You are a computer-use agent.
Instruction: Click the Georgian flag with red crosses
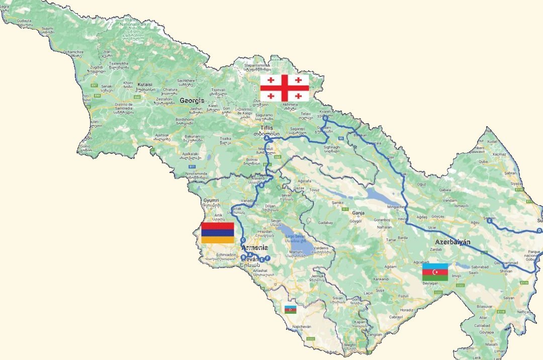(x=284, y=88)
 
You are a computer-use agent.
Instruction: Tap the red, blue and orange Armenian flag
(x=217, y=233)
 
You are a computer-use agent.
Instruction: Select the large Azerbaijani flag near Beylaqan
(x=435, y=272)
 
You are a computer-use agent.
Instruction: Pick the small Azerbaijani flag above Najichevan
(x=290, y=309)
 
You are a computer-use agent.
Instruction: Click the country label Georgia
(x=192, y=101)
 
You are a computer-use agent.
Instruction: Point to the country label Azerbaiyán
(x=452, y=242)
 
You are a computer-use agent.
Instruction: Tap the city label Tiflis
(x=266, y=128)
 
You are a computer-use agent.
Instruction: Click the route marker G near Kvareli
(x=325, y=119)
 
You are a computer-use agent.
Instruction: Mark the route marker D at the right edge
(x=539, y=231)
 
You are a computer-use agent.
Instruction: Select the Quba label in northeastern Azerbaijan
(x=483, y=162)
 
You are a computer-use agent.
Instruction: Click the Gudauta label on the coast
(x=24, y=21)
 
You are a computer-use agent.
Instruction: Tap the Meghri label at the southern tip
(x=350, y=344)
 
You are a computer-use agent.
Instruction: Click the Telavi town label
(x=307, y=114)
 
